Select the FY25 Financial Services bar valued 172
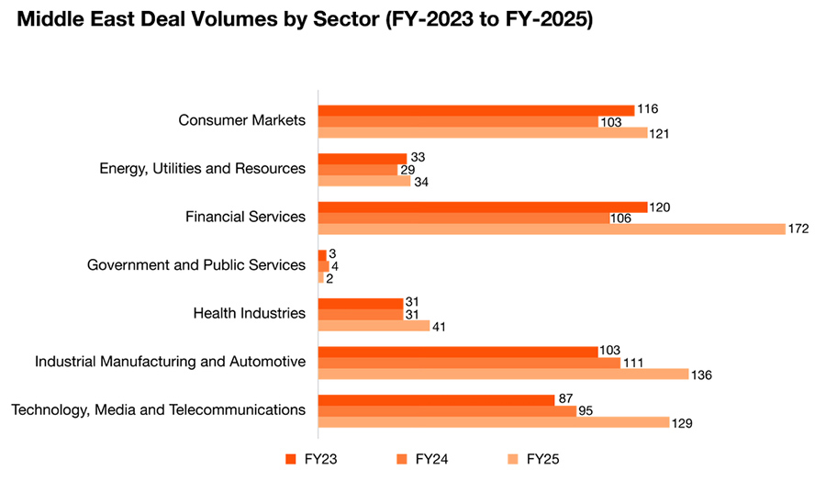552,229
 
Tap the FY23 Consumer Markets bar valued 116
476,109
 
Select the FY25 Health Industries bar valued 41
374,325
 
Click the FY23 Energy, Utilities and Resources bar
363,158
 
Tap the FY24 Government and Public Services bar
323,265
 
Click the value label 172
798,229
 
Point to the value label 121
660,133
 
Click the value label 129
681,423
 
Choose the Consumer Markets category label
241,120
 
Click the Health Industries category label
249,313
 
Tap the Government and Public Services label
195,265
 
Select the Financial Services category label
245,217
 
